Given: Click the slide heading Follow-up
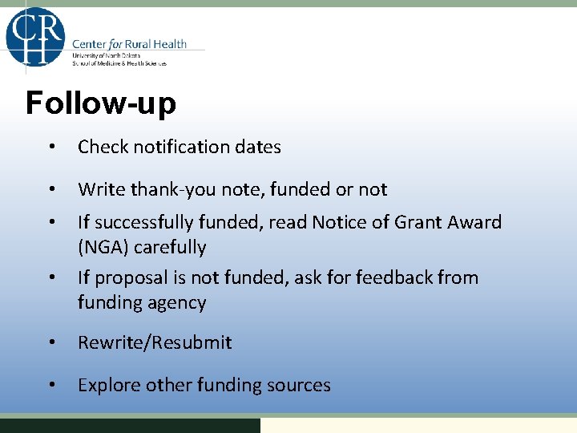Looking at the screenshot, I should tap(101, 103).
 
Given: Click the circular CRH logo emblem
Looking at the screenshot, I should tap(35, 37).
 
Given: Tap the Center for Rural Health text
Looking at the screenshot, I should tap(129, 44).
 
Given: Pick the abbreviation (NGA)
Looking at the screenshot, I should tap(103, 247).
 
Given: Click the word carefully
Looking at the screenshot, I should tap(170, 247).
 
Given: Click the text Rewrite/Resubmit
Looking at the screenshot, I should tap(155, 342).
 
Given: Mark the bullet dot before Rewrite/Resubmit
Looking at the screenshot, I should tap(50, 342).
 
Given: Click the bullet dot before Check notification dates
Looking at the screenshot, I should tap(50, 147).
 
